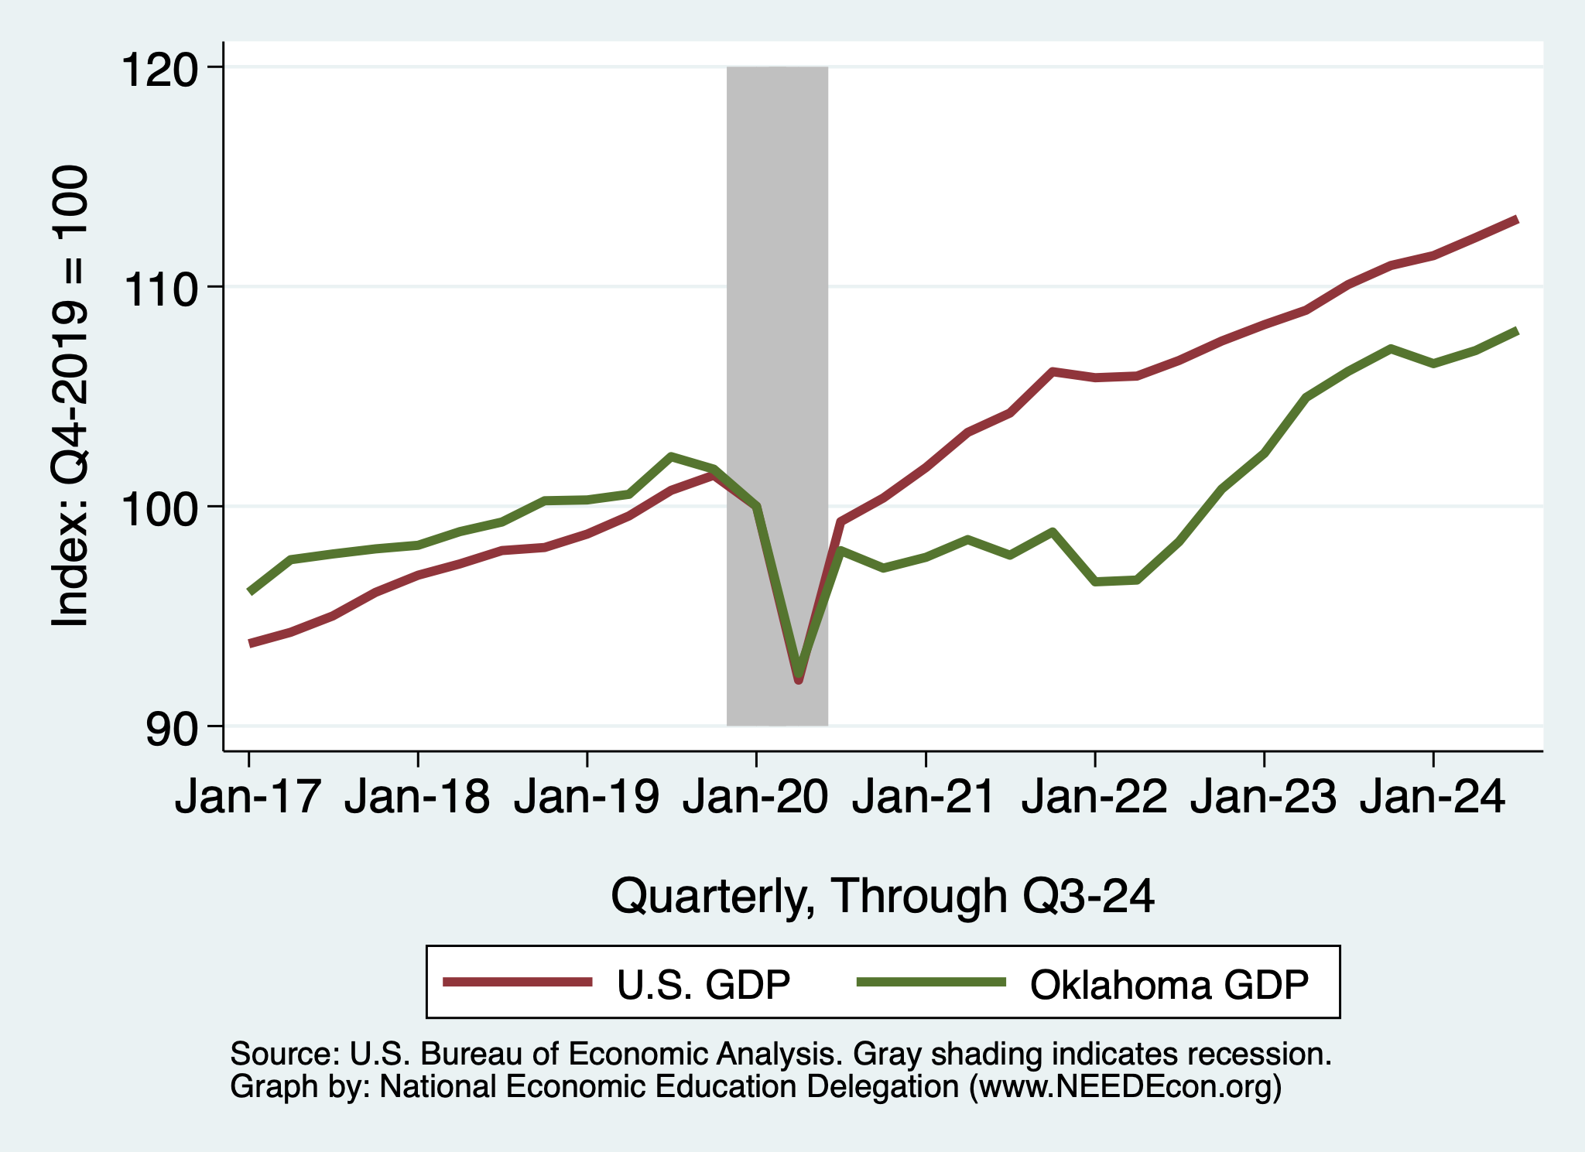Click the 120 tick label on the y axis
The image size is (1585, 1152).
158,70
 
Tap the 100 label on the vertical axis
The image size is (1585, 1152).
158,510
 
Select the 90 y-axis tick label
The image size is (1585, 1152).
172,730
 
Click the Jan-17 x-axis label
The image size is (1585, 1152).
248,797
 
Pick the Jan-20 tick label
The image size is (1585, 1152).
755,797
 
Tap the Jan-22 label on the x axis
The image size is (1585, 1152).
1094,797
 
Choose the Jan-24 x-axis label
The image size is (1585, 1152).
1433,797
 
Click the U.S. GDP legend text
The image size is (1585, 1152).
703,985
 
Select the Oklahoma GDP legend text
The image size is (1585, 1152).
1169,985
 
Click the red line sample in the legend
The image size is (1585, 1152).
517,982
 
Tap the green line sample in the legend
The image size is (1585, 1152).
931,982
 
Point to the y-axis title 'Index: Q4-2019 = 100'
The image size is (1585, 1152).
70,396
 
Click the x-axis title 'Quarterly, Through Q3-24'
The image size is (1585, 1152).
882,896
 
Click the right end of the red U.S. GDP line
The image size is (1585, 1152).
1516,220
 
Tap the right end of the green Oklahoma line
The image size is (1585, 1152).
1516,331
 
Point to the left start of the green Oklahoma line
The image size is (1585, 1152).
249,592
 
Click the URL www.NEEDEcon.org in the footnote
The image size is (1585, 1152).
1125,1087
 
